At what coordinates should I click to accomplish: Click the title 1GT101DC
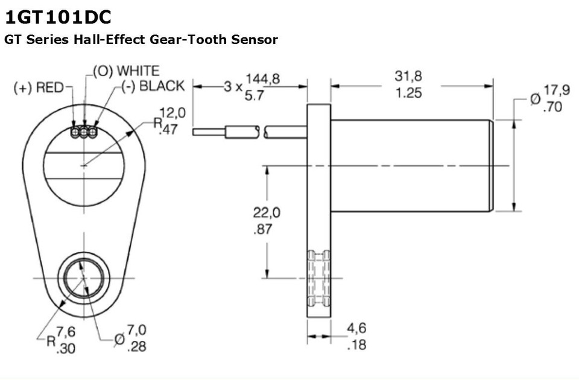point(58,16)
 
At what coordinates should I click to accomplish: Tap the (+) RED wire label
point(38,88)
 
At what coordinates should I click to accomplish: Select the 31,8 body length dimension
point(408,77)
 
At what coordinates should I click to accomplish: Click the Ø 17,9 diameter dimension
point(557,90)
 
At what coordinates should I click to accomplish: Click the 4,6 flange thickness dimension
point(356,329)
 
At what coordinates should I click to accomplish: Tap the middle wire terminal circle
point(84,132)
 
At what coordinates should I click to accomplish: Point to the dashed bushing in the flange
point(318,277)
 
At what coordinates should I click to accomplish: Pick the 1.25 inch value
point(408,93)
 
